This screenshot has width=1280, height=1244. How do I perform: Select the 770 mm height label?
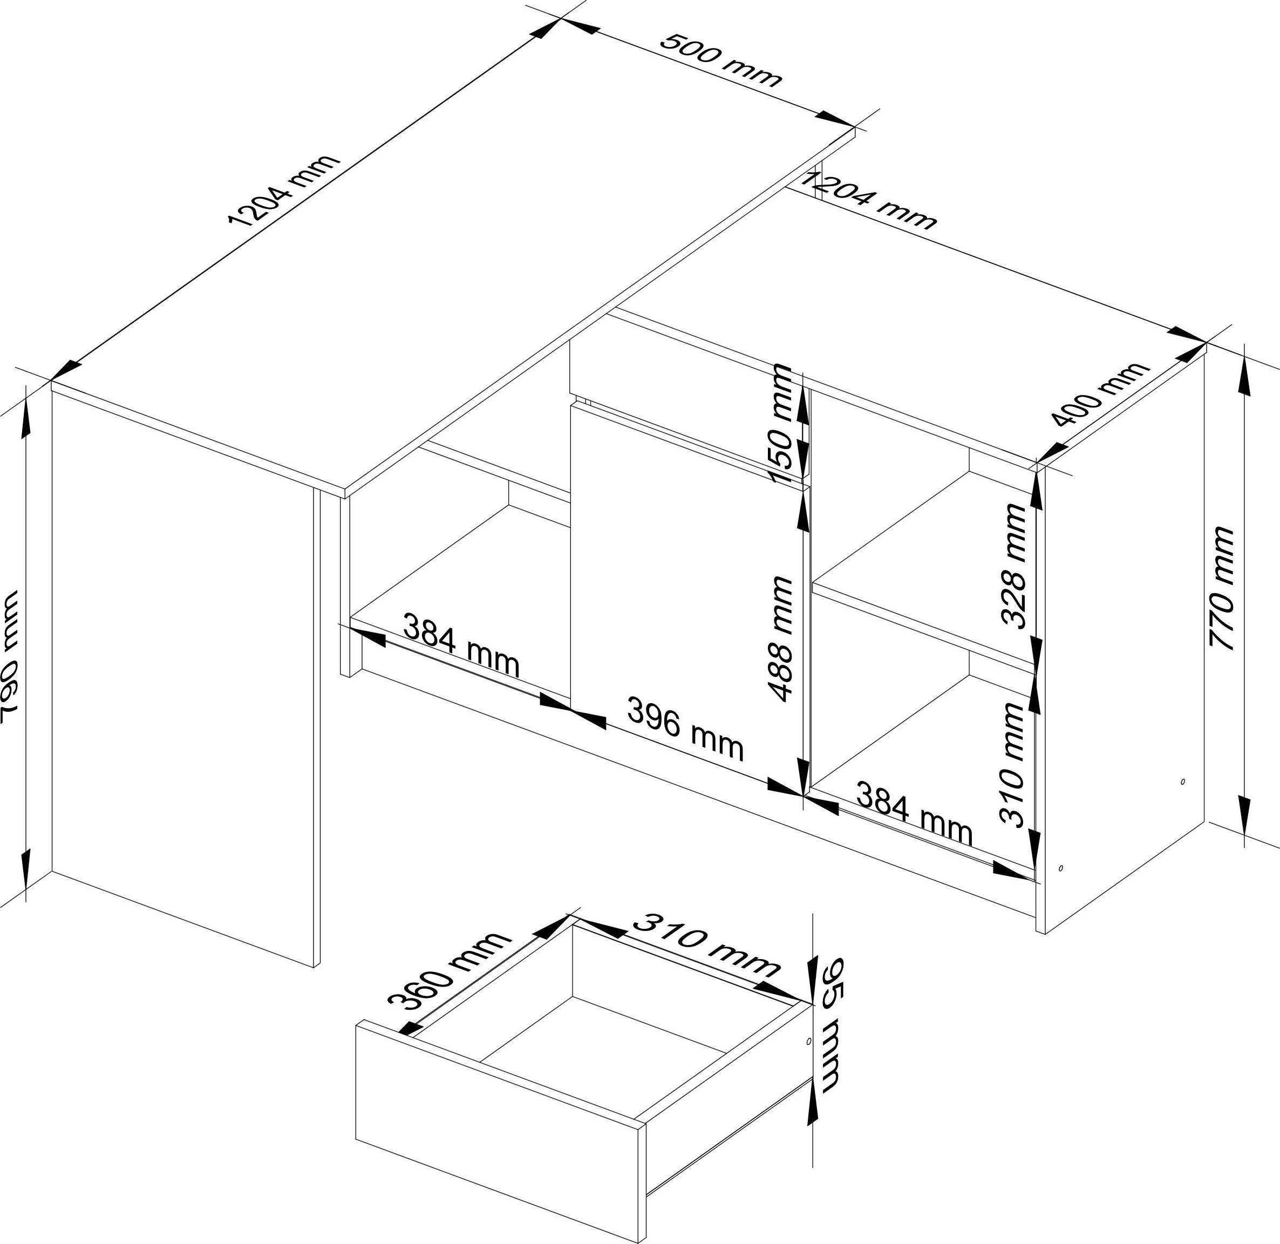point(1221,588)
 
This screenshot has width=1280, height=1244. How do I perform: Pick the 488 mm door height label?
point(781,638)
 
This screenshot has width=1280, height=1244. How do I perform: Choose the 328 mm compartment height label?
point(1015,566)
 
